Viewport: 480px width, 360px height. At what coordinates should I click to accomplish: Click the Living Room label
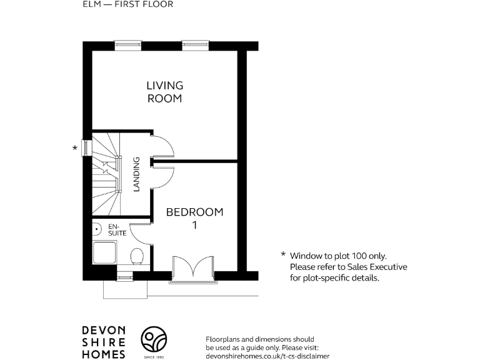click(x=165, y=92)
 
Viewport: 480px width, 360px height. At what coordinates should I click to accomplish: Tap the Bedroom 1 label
click(x=194, y=218)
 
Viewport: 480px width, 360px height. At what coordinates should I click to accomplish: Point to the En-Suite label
click(x=117, y=229)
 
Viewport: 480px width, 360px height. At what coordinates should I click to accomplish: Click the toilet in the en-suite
click(x=137, y=255)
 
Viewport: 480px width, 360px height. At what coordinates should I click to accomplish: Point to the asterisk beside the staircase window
click(x=76, y=148)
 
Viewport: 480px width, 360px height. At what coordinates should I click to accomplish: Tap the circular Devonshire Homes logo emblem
click(x=153, y=341)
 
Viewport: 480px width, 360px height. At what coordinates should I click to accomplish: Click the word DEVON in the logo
click(x=104, y=331)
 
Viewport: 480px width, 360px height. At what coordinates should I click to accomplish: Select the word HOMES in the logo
click(x=104, y=354)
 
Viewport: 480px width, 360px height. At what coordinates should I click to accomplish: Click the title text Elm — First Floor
click(x=127, y=4)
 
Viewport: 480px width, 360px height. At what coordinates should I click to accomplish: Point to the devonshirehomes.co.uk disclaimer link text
click(x=267, y=355)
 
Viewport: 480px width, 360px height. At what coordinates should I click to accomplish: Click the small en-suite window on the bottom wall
click(x=124, y=276)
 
